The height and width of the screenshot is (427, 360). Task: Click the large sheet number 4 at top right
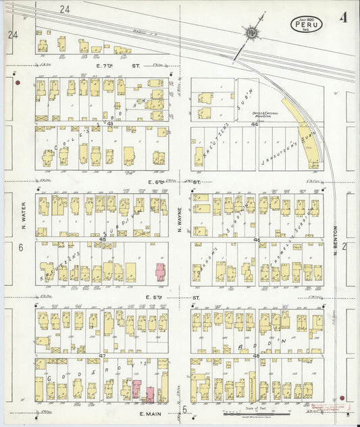[x=344, y=18]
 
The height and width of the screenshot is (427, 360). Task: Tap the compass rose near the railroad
[x=251, y=31]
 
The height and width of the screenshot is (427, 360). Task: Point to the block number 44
[x=255, y=124]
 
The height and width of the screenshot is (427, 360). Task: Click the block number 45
[x=103, y=239]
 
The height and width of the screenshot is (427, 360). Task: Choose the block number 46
[x=256, y=239]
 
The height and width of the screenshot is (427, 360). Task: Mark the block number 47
[x=103, y=355]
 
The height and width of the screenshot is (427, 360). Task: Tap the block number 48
[x=256, y=355]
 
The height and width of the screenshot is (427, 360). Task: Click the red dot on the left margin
[x=18, y=83]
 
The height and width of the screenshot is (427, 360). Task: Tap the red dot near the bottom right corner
[x=342, y=398]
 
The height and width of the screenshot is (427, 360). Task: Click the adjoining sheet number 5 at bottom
[x=184, y=409]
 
